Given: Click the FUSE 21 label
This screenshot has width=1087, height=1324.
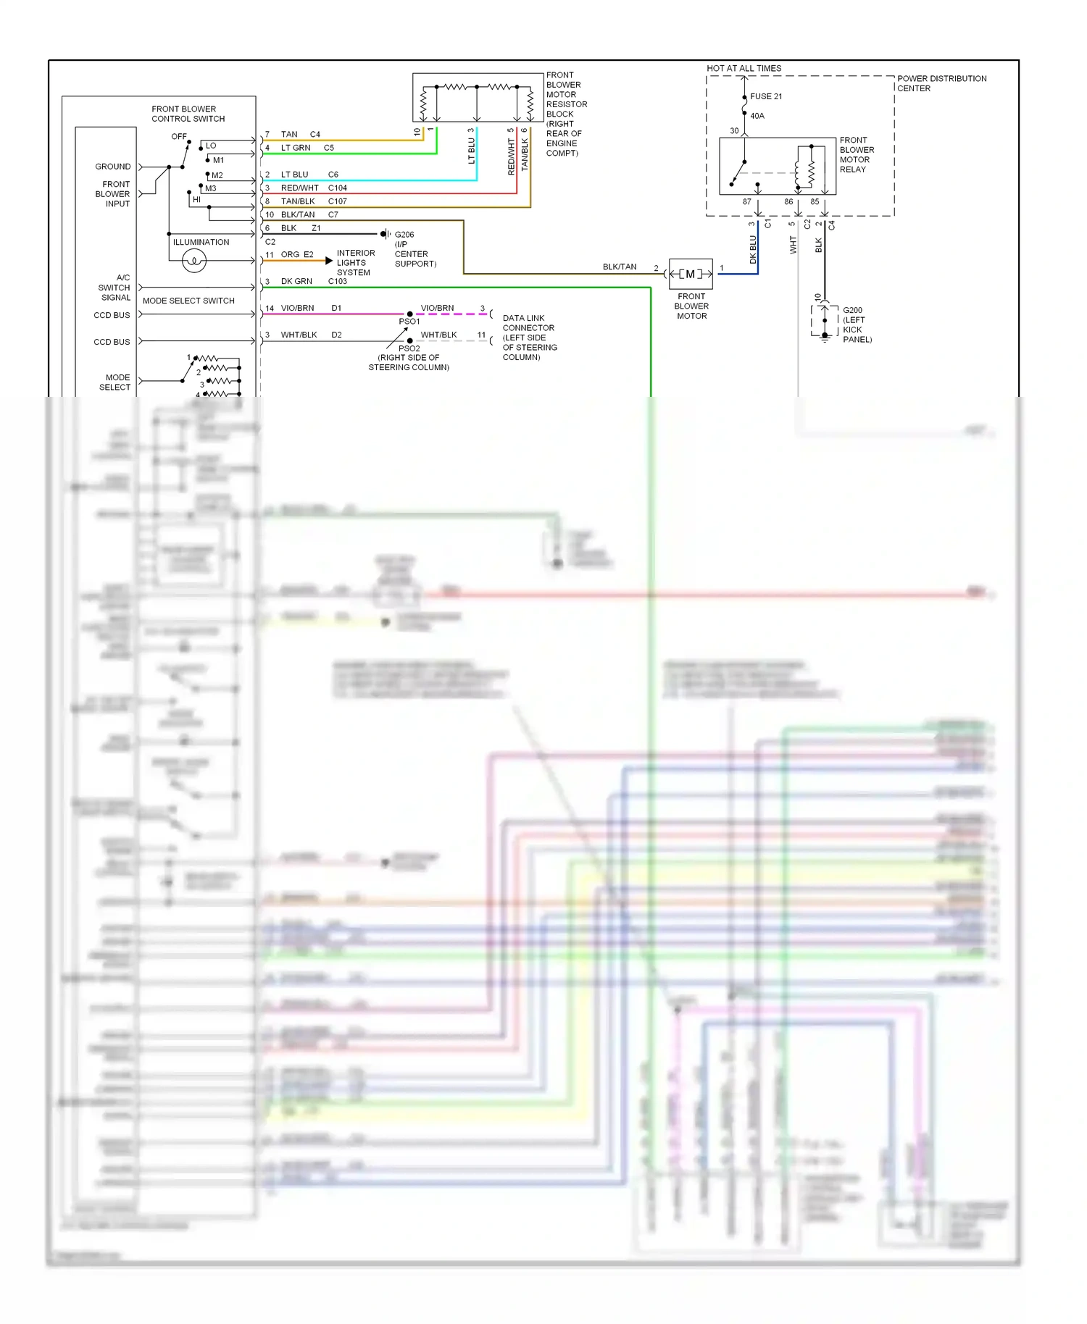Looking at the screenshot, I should (x=765, y=96).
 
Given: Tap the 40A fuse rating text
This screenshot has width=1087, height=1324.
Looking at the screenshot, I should (x=757, y=116).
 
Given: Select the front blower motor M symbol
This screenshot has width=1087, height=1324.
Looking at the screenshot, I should (x=691, y=274).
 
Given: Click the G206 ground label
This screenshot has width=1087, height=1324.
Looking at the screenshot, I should (x=404, y=235).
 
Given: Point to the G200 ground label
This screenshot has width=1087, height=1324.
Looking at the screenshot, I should (x=852, y=310).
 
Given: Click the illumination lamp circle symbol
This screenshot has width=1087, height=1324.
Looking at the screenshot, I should (x=194, y=260).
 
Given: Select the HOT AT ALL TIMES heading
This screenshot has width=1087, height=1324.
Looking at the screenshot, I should (x=744, y=69).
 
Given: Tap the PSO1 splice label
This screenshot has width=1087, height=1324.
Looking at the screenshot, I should (x=409, y=322).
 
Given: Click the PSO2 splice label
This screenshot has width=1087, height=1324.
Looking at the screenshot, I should (x=409, y=348).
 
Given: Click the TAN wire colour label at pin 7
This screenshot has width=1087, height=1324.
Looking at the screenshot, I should (x=289, y=135).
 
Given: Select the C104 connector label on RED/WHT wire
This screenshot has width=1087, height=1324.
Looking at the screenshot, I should (x=337, y=188).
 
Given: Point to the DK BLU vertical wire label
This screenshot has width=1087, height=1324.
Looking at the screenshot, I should (x=753, y=249).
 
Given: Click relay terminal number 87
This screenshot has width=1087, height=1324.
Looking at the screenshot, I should (x=746, y=202).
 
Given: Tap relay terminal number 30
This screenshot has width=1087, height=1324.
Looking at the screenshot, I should (x=734, y=131).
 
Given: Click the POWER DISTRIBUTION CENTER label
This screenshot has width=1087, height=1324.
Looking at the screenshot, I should (x=941, y=83).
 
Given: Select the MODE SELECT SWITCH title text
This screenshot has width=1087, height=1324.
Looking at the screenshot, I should (x=188, y=301).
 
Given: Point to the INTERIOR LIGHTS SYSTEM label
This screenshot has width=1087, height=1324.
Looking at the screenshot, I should (x=355, y=263).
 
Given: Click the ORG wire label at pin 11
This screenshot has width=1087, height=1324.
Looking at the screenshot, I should (x=290, y=255).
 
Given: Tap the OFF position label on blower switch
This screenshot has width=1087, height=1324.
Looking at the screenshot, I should (x=178, y=137).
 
